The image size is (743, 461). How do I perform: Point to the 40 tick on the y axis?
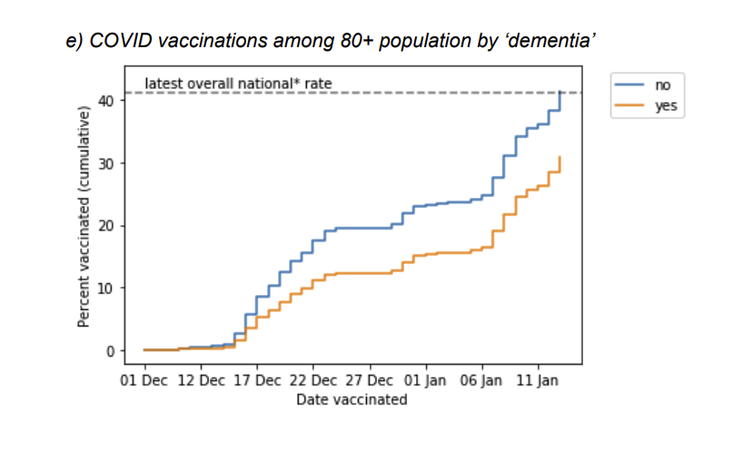(x=107, y=100)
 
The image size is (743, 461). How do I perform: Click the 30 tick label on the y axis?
(x=107, y=163)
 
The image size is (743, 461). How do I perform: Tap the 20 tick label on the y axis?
(x=107, y=226)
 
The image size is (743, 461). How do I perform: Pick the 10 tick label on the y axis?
(x=107, y=289)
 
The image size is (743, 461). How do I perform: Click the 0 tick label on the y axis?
(x=111, y=351)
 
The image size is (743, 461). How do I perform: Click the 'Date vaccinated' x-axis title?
(x=352, y=399)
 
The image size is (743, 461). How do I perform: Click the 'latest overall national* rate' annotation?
(x=238, y=83)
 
